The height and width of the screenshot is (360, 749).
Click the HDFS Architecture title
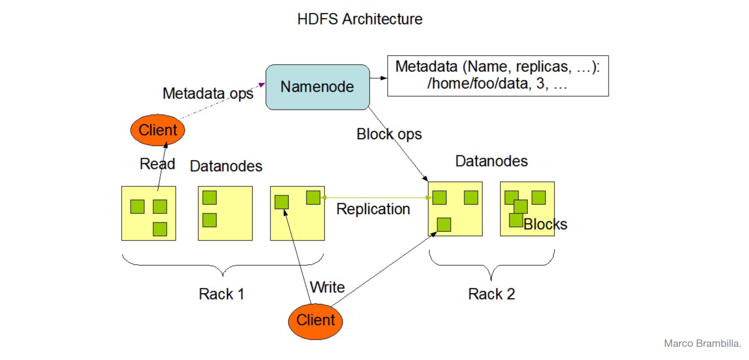coord(360,19)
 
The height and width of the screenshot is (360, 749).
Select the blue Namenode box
coord(317,87)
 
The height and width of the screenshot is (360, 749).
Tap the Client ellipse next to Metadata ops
coord(157,130)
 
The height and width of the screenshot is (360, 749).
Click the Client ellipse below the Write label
coord(315,322)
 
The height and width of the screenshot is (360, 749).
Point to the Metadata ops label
coord(208,93)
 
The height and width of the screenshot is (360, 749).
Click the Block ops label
coord(389,134)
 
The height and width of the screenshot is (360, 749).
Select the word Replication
coord(373,209)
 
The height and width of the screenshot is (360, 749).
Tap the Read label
coord(157,164)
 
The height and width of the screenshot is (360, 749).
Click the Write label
coord(327,287)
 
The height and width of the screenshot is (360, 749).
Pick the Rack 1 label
coord(221,294)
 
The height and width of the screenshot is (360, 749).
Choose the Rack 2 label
coord(491,294)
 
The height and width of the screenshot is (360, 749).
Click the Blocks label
coord(545,224)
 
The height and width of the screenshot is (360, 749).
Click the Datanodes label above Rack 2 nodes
coord(491,161)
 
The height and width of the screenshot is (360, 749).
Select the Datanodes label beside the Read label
coord(226,166)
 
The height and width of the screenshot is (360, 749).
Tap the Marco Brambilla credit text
coord(703,343)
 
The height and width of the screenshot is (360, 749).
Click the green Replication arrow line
coord(376,198)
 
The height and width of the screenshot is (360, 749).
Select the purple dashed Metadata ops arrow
coord(222,101)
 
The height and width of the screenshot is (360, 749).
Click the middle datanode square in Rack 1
coord(226,213)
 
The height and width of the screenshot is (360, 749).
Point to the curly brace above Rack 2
coord(491,265)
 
